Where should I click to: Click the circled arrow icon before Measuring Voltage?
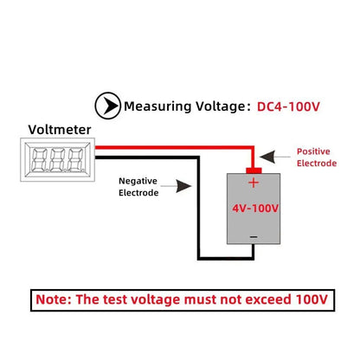pyautogui.click(x=106, y=107)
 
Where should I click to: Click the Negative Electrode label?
pyautogui.click(x=139, y=187)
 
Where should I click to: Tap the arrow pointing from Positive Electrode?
pyautogui.click(x=277, y=157)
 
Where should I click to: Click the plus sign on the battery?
pyautogui.click(x=254, y=183)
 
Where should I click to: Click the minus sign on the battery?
pyautogui.click(x=253, y=235)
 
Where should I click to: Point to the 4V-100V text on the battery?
pyautogui.click(x=254, y=208)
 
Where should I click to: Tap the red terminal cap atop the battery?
pyautogui.click(x=254, y=167)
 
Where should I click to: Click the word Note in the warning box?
pyautogui.click(x=59, y=299)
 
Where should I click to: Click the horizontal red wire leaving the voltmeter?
pyautogui.click(x=173, y=149)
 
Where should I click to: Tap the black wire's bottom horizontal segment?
pyautogui.click(x=225, y=257)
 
